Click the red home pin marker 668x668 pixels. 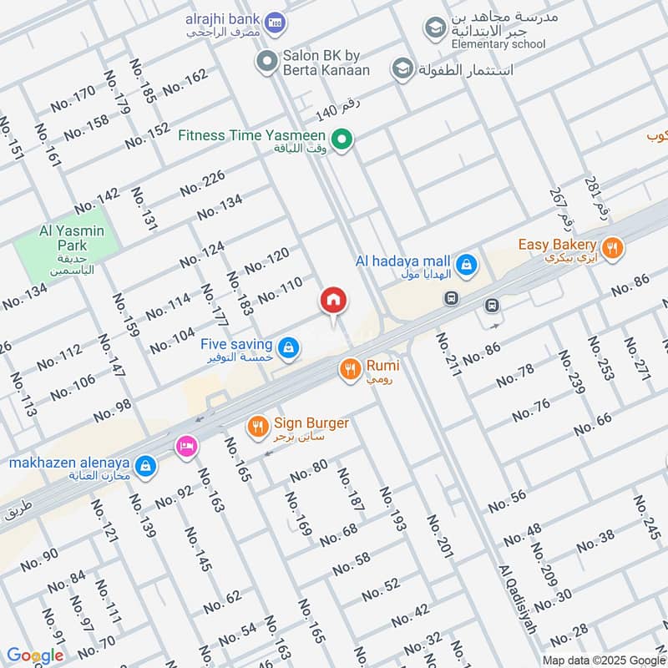click(x=333, y=301)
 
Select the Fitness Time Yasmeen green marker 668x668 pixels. click(x=340, y=140)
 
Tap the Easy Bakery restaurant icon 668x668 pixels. click(x=613, y=247)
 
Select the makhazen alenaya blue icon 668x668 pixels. click(x=146, y=466)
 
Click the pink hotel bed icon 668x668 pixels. click(x=186, y=447)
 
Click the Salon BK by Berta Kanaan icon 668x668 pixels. click(x=266, y=60)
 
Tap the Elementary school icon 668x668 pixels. click(x=434, y=29)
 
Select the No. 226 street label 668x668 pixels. click(x=203, y=182)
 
